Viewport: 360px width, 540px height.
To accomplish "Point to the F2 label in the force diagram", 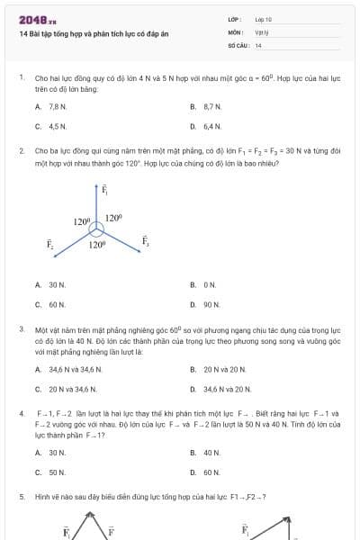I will [x=51, y=243].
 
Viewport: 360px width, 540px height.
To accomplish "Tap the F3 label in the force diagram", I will [x=145, y=240].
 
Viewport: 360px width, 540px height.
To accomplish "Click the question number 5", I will [x=21, y=497].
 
